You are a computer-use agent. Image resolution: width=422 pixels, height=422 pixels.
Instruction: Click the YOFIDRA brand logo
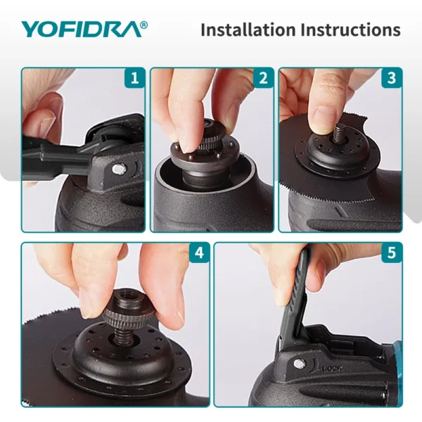[81, 29]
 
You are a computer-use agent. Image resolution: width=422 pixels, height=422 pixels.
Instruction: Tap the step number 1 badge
[135, 77]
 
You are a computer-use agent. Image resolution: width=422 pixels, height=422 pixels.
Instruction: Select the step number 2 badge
[263, 77]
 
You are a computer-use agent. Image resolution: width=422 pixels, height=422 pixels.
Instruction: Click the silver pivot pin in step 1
[122, 167]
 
